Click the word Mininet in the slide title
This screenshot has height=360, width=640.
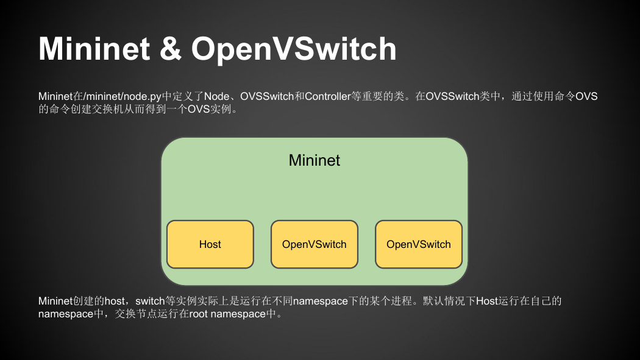point(94,49)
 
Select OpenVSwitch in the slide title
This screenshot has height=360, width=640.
point(294,49)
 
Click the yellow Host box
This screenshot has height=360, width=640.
point(210,244)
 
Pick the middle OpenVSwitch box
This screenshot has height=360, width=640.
point(315,244)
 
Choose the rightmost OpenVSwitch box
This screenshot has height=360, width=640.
point(419,244)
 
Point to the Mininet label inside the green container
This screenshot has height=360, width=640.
point(315,160)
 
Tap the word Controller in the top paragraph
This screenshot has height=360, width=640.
point(328,96)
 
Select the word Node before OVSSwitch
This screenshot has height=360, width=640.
point(217,96)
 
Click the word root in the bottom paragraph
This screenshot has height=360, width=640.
point(199,314)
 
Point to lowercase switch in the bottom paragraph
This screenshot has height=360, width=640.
point(150,301)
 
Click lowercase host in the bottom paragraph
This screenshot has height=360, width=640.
point(115,301)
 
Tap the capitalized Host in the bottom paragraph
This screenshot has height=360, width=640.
point(487,301)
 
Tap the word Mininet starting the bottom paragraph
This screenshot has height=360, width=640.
point(55,301)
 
